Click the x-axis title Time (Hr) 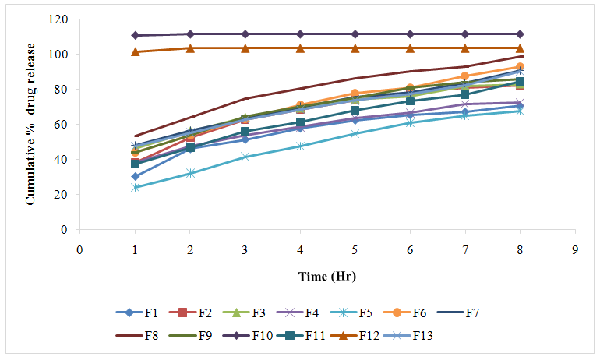tap(326, 277)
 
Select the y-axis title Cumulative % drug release tap(31, 125)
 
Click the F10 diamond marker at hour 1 tap(135, 35)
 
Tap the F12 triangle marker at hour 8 tap(521, 48)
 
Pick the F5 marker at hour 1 tap(135, 188)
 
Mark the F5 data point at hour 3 tap(245, 157)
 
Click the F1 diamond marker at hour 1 tap(135, 177)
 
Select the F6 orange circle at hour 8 tap(521, 67)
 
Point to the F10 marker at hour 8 tap(521, 34)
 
